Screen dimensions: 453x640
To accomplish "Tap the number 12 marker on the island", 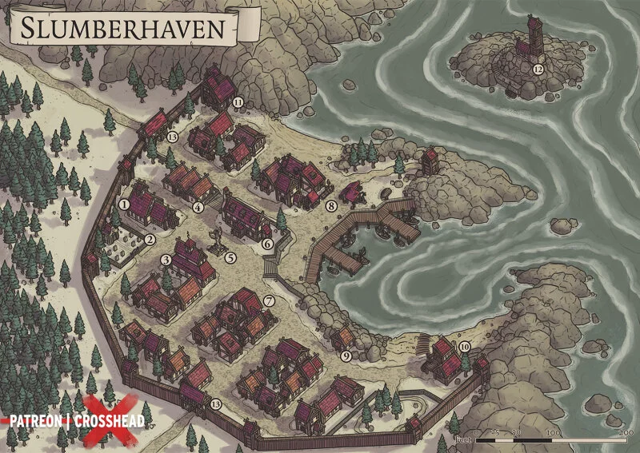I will [x=538, y=70].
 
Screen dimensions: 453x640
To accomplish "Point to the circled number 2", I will [x=150, y=239].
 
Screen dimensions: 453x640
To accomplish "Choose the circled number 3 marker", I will [x=166, y=259].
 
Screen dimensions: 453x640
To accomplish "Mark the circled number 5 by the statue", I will [x=230, y=258].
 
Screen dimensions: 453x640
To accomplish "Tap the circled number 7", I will [x=269, y=301].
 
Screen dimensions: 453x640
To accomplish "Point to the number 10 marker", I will [x=464, y=347].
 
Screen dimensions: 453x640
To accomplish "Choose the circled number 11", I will [x=238, y=102].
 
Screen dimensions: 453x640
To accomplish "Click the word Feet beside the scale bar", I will [x=462, y=439].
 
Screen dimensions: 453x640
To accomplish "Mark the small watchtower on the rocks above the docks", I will [x=430, y=159].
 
